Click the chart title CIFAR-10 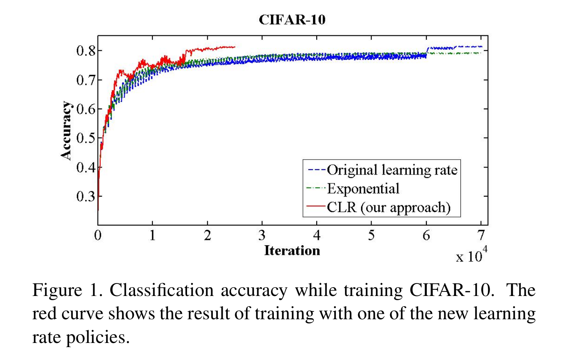click(x=292, y=20)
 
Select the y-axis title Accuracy click(x=66, y=130)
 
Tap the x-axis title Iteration click(x=292, y=251)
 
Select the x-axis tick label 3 click(x=262, y=235)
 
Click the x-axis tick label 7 click(x=481, y=235)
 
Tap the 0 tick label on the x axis click(x=98, y=235)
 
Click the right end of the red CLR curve click(x=235, y=47)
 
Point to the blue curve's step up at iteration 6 click(x=427, y=51)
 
